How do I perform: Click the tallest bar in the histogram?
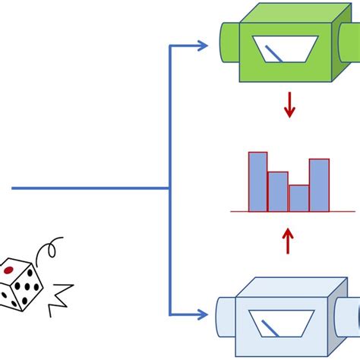(258, 182)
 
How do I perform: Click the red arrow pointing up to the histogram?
(288, 241)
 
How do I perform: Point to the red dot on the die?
(9, 270)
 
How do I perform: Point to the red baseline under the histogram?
(288, 211)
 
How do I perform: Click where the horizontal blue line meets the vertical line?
(169, 188)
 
